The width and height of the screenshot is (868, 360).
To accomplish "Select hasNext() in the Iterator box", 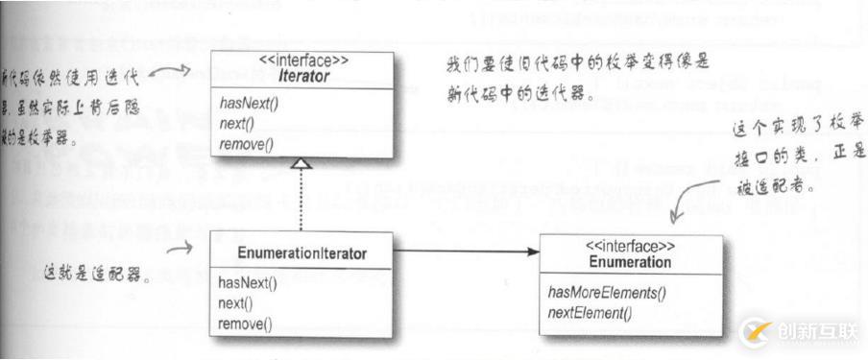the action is pos(249,104).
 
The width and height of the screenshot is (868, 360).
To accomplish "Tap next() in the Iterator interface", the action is pos(235,124).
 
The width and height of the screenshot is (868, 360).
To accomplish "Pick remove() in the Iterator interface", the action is pos(245,144).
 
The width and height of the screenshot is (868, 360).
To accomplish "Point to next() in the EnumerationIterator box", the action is pos(235,303).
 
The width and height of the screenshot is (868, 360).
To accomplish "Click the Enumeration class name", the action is pos(630,261).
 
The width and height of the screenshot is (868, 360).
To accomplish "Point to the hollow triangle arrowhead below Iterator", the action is pos(301,164).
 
